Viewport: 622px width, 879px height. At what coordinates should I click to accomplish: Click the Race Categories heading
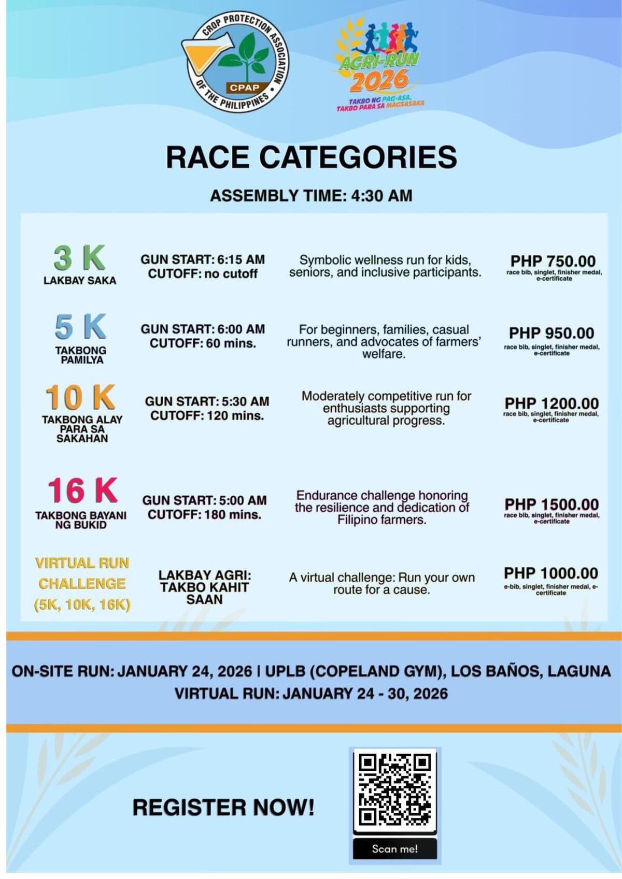click(311, 157)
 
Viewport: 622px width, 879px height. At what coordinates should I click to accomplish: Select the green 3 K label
click(80, 258)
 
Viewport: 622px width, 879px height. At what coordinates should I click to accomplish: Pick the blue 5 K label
click(81, 327)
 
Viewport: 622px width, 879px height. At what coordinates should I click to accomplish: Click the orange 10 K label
click(81, 398)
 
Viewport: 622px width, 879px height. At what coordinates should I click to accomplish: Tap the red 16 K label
click(82, 491)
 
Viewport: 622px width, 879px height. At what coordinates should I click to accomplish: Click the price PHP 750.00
click(553, 261)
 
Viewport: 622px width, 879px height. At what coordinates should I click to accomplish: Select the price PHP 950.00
click(552, 333)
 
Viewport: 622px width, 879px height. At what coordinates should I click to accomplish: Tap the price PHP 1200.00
click(552, 403)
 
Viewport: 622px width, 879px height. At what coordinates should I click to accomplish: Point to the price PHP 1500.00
click(552, 504)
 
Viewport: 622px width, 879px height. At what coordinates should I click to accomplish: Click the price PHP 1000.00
click(551, 573)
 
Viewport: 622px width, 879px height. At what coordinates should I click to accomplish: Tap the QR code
click(394, 789)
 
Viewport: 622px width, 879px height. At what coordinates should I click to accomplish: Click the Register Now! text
click(223, 808)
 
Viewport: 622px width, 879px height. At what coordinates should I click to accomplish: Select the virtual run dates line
click(311, 694)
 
